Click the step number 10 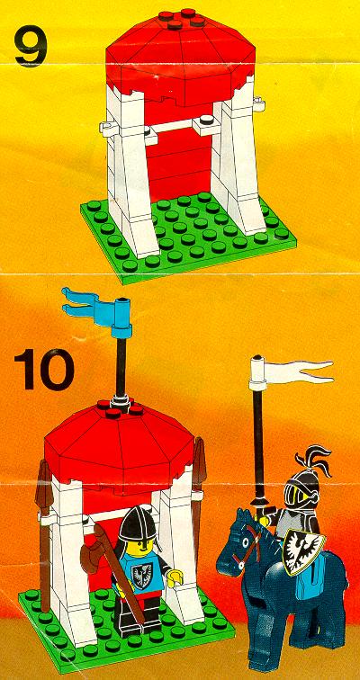(x=44, y=370)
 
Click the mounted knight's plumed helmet (x=302, y=480)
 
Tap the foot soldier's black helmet (x=137, y=523)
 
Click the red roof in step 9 (x=180, y=60)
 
